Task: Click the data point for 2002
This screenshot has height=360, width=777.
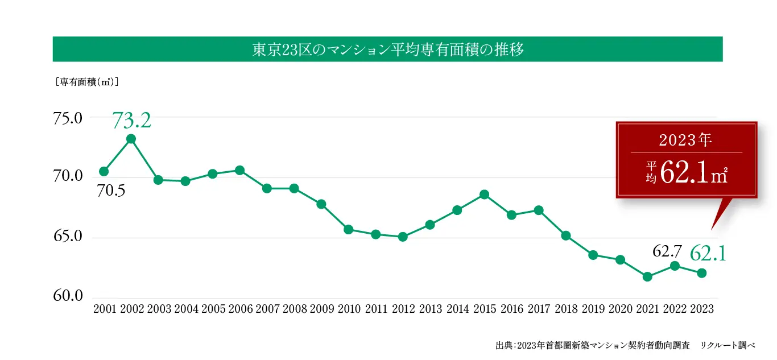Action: pyautogui.click(x=131, y=139)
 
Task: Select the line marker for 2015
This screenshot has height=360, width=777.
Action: pyautogui.click(x=484, y=195)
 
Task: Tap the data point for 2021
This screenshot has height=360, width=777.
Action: pyautogui.click(x=647, y=276)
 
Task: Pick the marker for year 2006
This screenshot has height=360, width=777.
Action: pyautogui.click(x=239, y=170)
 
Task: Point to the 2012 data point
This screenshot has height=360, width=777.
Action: pyautogui.click(x=403, y=237)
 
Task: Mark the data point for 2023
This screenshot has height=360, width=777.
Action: pyautogui.click(x=701, y=273)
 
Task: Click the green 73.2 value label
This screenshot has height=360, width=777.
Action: pyautogui.click(x=131, y=121)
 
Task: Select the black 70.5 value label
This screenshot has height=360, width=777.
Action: pyautogui.click(x=111, y=191)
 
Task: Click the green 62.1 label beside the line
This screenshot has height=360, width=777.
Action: pyautogui.click(x=708, y=254)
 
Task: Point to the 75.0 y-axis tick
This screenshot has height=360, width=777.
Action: pyautogui.click(x=68, y=119)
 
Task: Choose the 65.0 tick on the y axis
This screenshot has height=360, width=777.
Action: pyautogui.click(x=68, y=237)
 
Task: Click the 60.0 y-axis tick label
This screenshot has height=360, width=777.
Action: pyautogui.click(x=68, y=296)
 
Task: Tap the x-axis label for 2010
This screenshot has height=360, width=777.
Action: pyautogui.click(x=349, y=309)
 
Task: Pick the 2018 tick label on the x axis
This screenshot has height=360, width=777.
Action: pyautogui.click(x=566, y=309)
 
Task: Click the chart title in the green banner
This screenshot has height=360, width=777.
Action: pyautogui.click(x=387, y=49)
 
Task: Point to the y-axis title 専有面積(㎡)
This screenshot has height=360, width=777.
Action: pyautogui.click(x=86, y=82)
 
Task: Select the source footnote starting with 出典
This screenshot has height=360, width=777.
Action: pyautogui.click(x=625, y=345)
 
